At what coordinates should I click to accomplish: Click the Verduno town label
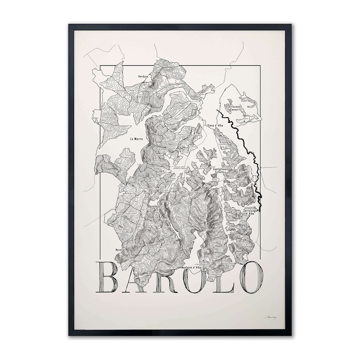(x=143, y=78)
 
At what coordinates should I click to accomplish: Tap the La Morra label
(x=136, y=139)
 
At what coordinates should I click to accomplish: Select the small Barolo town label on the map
(x=152, y=207)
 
